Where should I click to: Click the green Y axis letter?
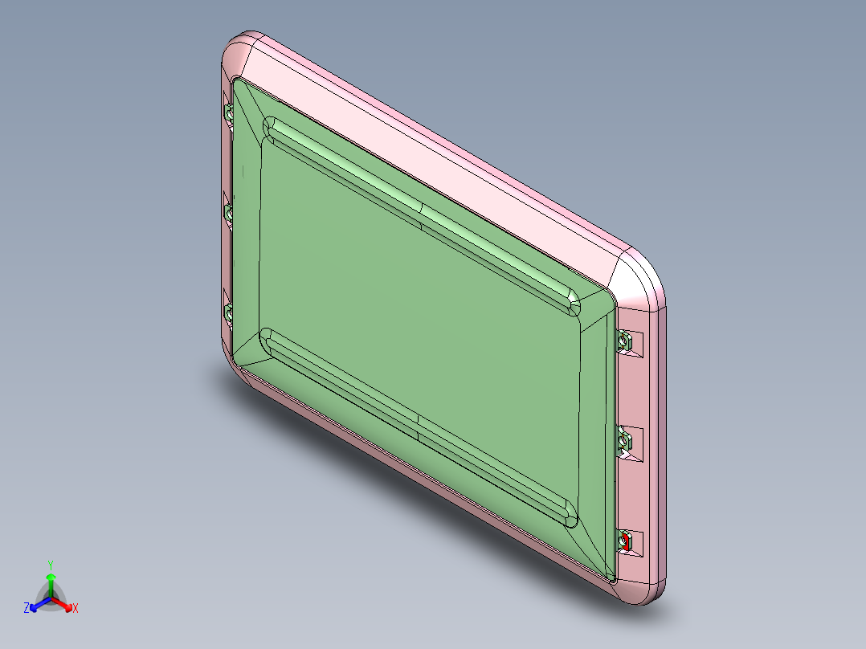50,564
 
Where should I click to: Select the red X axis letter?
75,609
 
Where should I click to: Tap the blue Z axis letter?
27,609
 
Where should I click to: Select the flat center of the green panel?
418,321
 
